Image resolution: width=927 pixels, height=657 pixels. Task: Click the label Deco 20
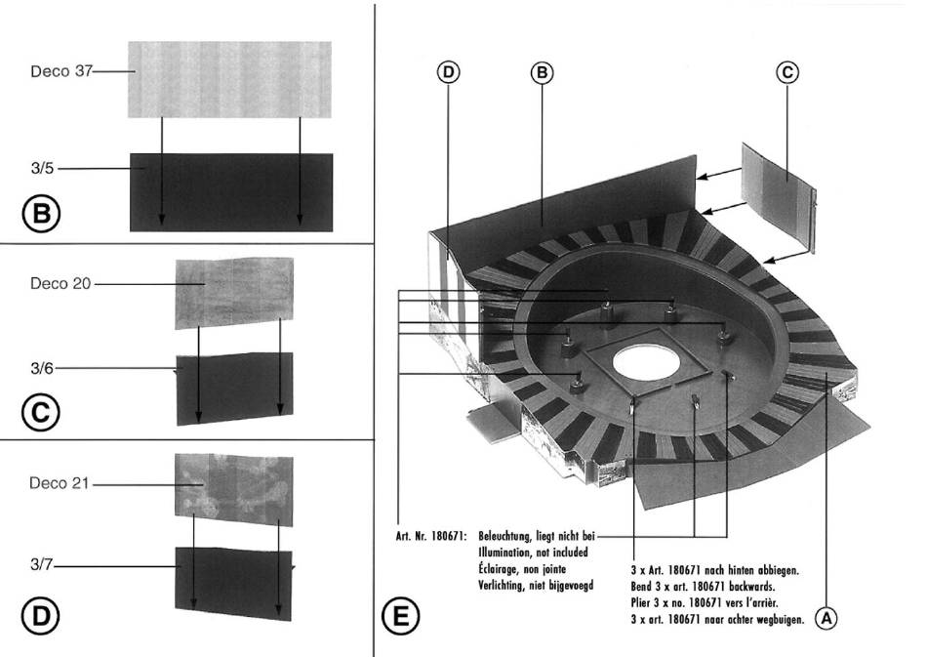60,284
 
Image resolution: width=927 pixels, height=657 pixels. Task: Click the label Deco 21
60,483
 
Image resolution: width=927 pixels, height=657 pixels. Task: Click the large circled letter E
400,618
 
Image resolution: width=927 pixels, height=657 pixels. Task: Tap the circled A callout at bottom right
826,617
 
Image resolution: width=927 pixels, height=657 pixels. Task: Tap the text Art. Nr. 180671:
432,536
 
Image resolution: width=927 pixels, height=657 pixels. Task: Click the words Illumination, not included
532,551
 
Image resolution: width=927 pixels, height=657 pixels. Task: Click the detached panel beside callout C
779,192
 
